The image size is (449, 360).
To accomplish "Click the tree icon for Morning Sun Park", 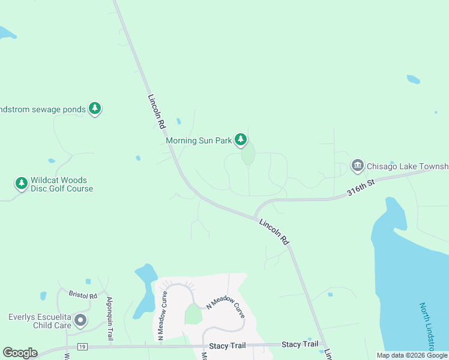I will pos(241,140).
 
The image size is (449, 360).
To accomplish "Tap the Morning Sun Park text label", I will pos(199,141).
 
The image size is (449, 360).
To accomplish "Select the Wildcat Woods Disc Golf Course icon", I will pos(22,183).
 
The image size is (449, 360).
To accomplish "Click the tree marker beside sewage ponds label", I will pos(94,108).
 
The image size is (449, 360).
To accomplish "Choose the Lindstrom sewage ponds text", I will pos(43,110).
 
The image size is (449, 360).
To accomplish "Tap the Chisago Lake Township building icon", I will pos(358,165).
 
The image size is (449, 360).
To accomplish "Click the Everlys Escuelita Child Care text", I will pos(40,321).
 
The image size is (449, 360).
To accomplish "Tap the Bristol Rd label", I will pos(83,295).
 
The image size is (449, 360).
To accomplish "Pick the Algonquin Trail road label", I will pos(110,318).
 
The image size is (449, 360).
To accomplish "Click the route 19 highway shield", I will pos(83,347).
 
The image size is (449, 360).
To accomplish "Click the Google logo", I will pos(20,353).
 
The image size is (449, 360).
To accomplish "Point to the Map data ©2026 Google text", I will pos(411,355).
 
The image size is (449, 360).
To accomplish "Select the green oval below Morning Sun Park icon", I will pos(248,155).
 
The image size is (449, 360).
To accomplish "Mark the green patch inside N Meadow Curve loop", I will pos(193,314).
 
